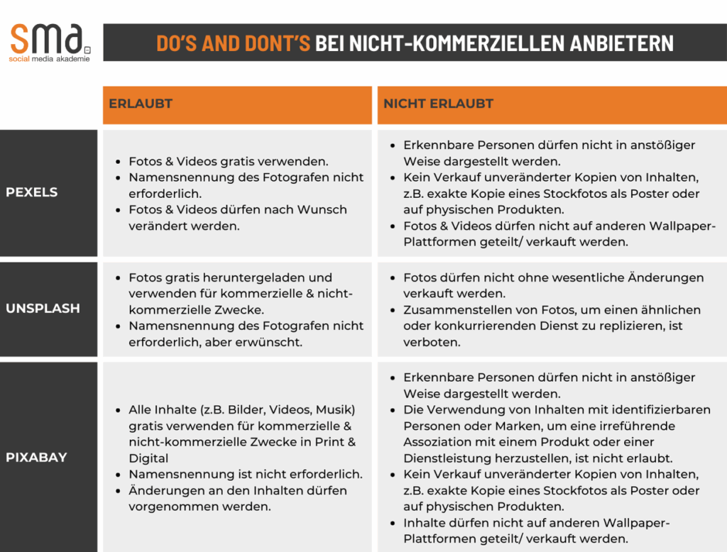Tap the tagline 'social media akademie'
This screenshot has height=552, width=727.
tap(50, 60)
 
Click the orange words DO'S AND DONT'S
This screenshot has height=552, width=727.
tap(233, 43)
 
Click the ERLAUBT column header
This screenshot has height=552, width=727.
tap(141, 104)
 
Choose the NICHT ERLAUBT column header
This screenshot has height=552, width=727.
tap(438, 104)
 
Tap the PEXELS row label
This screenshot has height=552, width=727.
tap(32, 192)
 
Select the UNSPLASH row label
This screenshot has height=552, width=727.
tap(43, 309)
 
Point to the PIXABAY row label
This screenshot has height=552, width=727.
tap(36, 458)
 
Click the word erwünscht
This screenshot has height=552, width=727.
tap(271, 342)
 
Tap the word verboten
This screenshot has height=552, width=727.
tap(432, 342)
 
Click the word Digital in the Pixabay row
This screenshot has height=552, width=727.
tap(148, 458)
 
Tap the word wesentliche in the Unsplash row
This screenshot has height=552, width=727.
tap(581, 277)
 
